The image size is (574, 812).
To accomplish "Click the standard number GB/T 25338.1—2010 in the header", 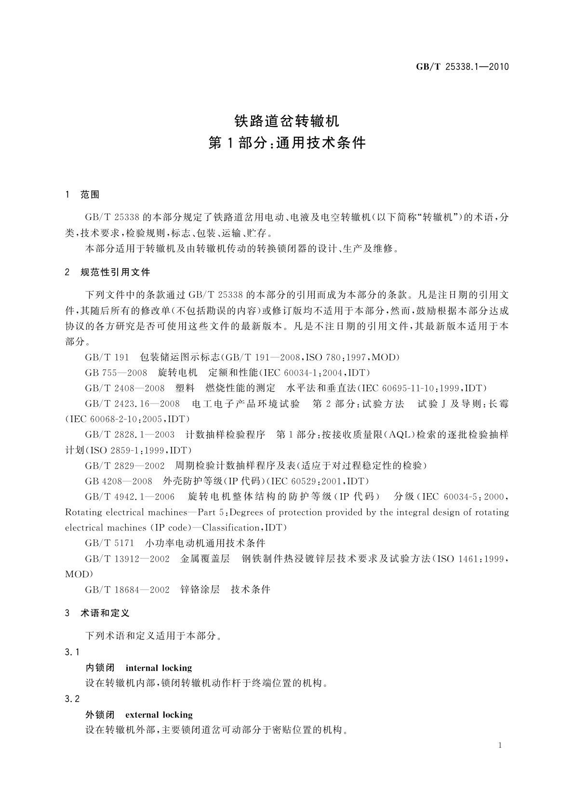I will [x=462, y=67].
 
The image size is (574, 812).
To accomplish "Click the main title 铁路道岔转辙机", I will [x=287, y=120].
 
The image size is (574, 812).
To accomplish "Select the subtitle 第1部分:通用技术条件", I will [x=287, y=143].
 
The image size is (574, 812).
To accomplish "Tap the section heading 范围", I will [x=90, y=195].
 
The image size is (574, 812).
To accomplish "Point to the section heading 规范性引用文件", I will [x=116, y=272].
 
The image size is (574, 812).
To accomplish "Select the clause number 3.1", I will [x=72, y=652].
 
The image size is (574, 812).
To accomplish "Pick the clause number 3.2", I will [x=72, y=699].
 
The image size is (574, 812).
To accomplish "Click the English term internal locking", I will [x=159, y=668].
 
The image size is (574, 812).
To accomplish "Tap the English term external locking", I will [x=159, y=715].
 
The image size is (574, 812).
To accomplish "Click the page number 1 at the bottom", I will [x=500, y=745].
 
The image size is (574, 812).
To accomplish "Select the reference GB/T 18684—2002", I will [x=127, y=589].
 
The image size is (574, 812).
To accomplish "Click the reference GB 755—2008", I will [x=116, y=373].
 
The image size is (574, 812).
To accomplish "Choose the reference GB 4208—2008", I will [x=119, y=481].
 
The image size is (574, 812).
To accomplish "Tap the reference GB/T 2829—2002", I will [x=125, y=466].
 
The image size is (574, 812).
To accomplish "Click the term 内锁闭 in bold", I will [x=100, y=668].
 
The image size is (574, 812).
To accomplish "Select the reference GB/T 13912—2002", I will [x=127, y=558].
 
